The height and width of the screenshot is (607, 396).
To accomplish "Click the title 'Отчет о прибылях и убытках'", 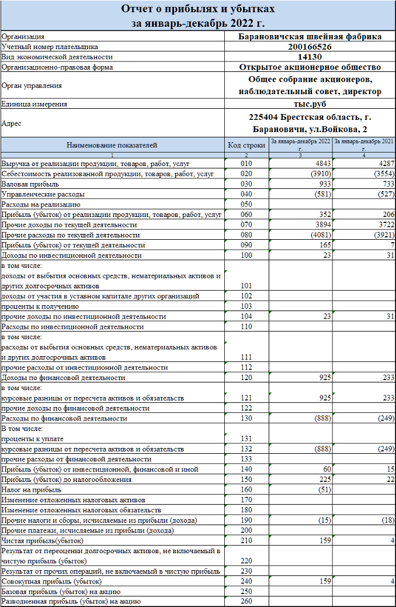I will tap(198, 9).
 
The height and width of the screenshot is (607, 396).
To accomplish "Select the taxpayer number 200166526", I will tap(310, 47).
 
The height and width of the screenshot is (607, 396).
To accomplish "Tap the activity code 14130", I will tap(310, 57).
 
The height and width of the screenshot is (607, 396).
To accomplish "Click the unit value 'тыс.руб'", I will tap(310, 104).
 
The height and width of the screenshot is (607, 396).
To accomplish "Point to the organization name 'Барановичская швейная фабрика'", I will tap(310, 36).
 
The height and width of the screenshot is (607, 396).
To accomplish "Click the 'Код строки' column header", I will tap(246, 144).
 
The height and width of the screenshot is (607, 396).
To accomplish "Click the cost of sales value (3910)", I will tap(320, 174).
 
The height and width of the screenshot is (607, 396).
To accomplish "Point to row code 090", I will tap(246, 245).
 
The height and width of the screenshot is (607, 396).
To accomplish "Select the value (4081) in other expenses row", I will tap(320, 235).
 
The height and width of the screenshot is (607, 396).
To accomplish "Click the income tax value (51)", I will tap(323, 489).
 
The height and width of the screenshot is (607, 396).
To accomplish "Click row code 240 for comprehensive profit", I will tap(246, 581).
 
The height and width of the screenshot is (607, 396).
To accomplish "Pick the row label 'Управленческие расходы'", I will tap(43, 194).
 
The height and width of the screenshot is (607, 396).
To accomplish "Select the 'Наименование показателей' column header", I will tap(112, 144).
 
